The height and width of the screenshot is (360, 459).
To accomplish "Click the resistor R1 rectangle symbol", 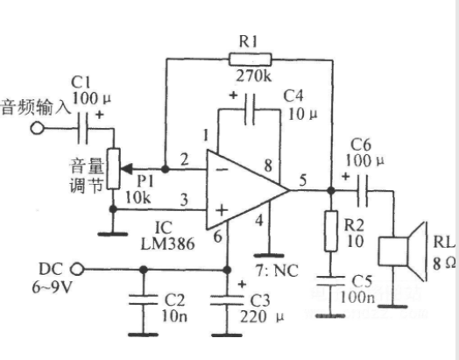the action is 250,60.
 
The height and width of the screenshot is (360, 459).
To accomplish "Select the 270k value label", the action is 254,76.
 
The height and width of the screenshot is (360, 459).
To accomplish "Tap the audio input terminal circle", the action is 37,128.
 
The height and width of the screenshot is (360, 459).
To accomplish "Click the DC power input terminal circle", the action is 77,269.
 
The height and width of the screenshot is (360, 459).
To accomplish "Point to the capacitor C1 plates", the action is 82,128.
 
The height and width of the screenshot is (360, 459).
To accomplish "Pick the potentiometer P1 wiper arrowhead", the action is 127,169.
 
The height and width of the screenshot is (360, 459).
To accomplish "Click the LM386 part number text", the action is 167,244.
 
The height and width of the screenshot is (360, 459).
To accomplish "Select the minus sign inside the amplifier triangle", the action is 222,169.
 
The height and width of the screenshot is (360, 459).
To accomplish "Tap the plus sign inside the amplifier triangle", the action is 222,210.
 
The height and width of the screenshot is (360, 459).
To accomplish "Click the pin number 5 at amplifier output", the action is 303,180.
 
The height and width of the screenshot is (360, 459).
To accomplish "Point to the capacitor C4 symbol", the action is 251,109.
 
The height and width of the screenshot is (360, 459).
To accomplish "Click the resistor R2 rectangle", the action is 331,231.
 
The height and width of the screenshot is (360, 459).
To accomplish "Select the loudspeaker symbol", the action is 403,251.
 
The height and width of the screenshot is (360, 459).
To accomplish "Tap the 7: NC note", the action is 278,271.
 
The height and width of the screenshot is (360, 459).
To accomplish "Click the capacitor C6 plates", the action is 363,191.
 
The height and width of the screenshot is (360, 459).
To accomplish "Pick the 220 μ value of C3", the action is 262,317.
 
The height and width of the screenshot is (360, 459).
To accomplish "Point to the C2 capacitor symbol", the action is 143,300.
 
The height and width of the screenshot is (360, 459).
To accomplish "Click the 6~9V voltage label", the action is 52,287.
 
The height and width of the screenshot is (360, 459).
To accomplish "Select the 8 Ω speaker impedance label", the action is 444,264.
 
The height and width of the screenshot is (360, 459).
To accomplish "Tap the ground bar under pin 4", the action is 269,256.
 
